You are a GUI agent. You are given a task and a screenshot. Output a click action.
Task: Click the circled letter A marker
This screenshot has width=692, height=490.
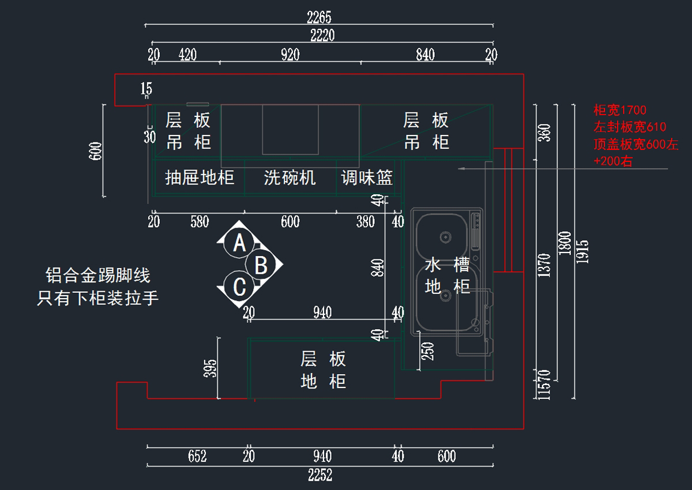240,243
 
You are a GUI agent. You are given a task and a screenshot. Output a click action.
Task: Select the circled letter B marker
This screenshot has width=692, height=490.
261,265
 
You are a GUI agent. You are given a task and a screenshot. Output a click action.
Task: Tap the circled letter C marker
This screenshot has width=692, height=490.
240,287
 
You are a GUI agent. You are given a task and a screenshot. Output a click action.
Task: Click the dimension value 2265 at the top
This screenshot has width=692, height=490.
319,17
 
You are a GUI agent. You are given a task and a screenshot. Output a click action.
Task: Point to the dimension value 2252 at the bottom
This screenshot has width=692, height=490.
320,476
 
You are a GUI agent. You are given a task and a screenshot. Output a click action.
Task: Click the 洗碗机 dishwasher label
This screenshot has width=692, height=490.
290,178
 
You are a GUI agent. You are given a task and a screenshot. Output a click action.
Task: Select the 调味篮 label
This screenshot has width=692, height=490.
367,178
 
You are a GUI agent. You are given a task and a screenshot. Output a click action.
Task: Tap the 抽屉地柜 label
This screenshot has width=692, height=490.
200,178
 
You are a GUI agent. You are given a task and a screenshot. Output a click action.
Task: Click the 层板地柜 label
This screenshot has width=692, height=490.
323,370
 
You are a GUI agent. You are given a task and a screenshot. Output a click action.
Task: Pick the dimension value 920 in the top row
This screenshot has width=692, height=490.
290,55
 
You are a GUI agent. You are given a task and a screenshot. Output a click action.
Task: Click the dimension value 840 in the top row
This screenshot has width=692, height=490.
425,55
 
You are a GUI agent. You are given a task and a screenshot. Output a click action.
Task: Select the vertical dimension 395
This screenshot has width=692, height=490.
211,368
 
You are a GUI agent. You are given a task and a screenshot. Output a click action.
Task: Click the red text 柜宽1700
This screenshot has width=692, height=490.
620,110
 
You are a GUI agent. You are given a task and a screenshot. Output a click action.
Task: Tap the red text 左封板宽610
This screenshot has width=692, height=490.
630,127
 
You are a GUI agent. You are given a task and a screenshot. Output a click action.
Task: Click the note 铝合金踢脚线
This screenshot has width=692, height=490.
97,276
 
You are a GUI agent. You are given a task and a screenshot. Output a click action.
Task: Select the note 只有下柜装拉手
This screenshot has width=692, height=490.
97,298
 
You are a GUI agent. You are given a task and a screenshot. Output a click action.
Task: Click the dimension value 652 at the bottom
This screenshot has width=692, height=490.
197,457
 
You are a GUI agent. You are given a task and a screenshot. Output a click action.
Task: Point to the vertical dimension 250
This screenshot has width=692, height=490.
428,351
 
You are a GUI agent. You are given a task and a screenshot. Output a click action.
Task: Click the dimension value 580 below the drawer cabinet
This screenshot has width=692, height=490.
200,221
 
